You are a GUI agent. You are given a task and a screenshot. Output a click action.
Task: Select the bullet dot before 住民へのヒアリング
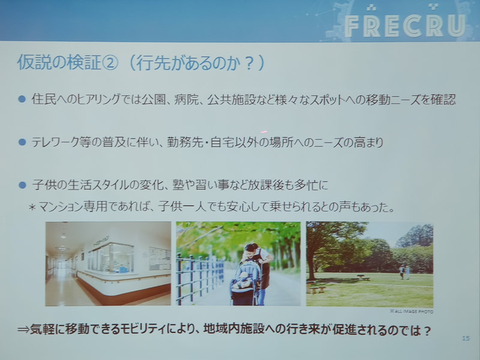[x=22, y=99]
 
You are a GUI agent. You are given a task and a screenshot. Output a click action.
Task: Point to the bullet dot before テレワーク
[x=22, y=142]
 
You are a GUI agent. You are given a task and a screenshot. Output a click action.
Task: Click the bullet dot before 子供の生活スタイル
[x=22, y=185]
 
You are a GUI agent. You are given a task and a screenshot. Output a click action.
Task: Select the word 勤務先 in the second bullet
[x=222, y=143]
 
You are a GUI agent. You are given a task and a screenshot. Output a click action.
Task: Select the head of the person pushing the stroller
[x=251, y=247]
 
